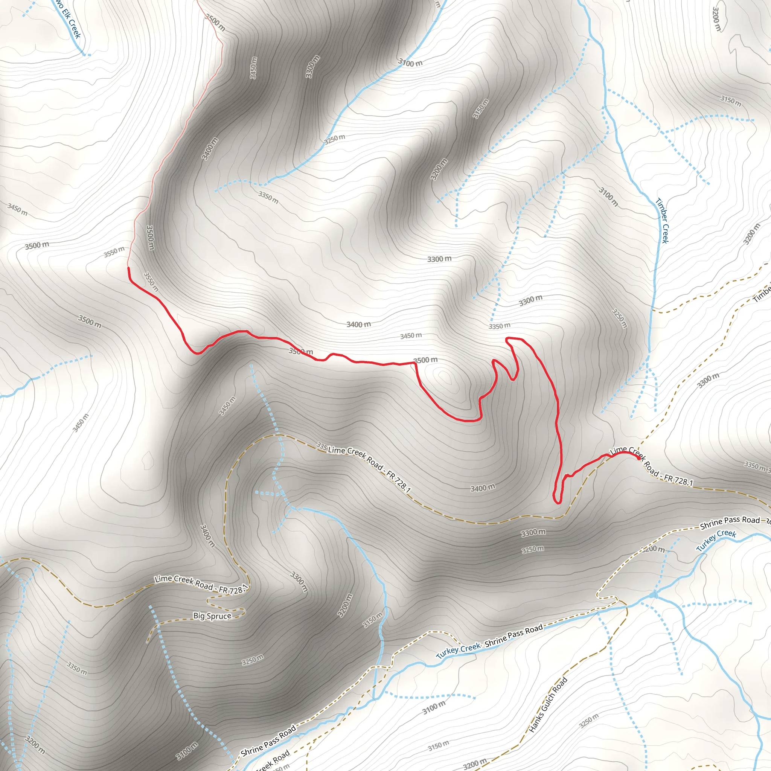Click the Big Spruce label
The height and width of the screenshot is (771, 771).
point(212,616)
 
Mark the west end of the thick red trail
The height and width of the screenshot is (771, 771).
point(128,268)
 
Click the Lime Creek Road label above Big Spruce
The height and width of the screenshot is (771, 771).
point(201,584)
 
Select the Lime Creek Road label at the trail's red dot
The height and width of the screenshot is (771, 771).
point(651,466)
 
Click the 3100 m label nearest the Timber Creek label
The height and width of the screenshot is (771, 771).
point(608,197)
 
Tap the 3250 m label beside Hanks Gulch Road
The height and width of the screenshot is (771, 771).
point(589,721)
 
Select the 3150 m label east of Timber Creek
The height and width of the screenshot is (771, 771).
point(731,101)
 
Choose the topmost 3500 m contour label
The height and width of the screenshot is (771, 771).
point(215,22)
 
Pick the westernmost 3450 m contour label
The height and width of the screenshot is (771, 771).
point(17,209)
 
